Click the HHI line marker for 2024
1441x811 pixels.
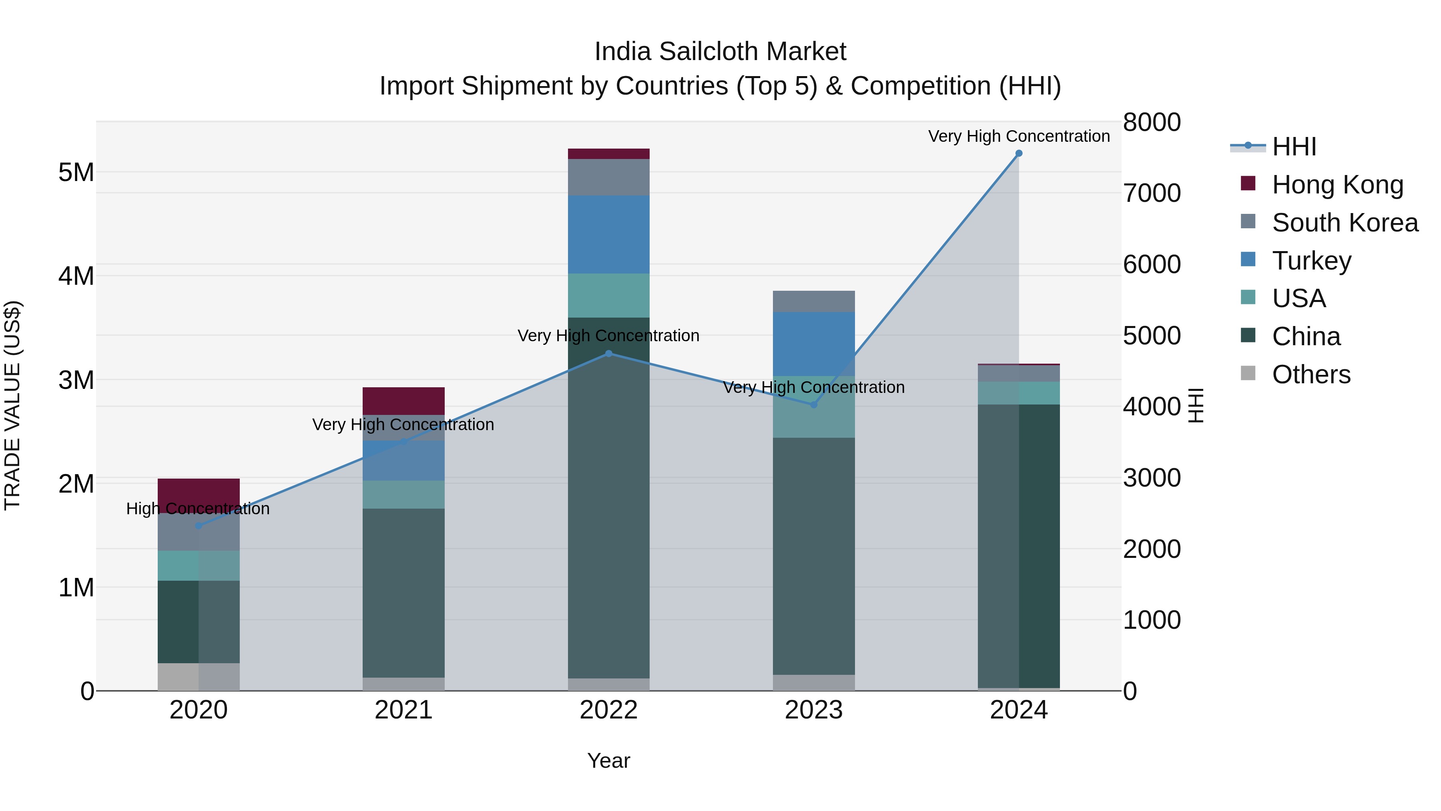(x=1019, y=153)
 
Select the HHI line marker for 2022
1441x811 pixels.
(x=608, y=354)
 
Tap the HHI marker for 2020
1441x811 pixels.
(x=199, y=525)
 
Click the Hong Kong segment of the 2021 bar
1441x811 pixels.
(x=403, y=401)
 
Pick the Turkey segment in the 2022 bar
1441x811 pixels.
(x=608, y=235)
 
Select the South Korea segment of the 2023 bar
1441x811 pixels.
(x=813, y=301)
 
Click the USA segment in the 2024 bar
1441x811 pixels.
(x=1019, y=393)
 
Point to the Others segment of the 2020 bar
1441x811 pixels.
(x=199, y=677)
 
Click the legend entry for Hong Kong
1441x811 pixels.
(x=1337, y=185)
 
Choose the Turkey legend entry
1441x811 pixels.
(x=1311, y=261)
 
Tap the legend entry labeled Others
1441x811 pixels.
(x=1311, y=374)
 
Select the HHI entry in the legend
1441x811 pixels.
(x=1294, y=147)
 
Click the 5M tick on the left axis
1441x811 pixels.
(x=76, y=172)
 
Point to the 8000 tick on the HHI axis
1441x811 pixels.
(x=1152, y=123)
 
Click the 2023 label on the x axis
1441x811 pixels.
(x=813, y=710)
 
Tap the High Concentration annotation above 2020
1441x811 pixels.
(x=198, y=509)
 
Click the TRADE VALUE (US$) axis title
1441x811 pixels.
(x=13, y=405)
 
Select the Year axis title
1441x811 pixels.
(x=608, y=761)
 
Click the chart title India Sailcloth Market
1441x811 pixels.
(x=720, y=52)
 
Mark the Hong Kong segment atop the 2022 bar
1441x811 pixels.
(x=608, y=154)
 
